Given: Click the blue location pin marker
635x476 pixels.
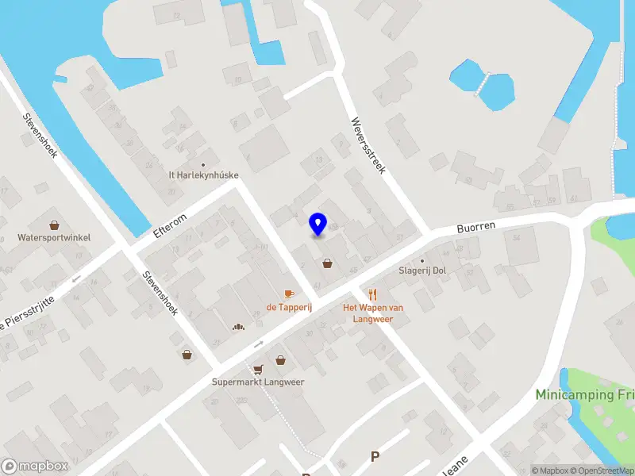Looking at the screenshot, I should [318, 224].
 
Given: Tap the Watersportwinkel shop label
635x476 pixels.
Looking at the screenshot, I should [54, 237].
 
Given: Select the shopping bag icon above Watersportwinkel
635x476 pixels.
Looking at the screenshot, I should [54, 225].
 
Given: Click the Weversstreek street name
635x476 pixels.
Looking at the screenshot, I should [368, 147].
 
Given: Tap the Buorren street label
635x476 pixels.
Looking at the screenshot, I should [475, 226].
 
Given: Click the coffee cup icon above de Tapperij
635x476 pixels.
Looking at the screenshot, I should [288, 294].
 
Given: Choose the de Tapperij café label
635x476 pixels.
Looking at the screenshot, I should [288, 307].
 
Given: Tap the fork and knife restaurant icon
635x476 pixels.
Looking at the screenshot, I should [373, 294].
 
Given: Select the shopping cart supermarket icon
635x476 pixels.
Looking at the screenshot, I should [257, 369].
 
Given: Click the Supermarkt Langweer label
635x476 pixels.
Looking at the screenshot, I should [258, 382].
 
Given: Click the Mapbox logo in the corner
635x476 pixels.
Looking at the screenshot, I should [34, 466].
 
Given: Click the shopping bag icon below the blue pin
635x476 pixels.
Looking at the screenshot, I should [327, 263].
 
